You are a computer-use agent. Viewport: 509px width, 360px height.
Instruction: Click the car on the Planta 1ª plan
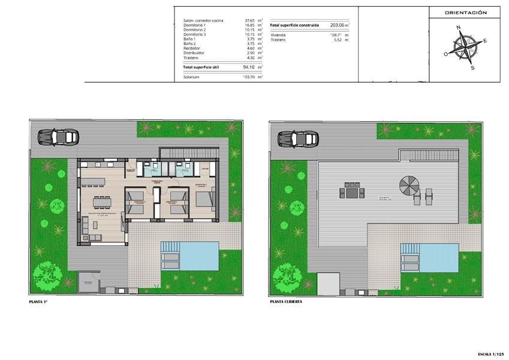pyautogui.click(x=59, y=137)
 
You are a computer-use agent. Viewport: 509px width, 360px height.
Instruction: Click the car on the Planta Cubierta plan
pyautogui.click(x=298, y=139)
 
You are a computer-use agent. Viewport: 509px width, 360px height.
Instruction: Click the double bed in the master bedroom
pyautogui.click(x=206, y=198)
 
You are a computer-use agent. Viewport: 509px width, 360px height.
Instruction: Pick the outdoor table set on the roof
pyautogui.click(x=352, y=193)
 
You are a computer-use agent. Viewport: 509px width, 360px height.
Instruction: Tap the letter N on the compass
pyautogui.click(x=458, y=28)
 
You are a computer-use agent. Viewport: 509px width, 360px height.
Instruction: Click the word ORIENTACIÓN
pyautogui.click(x=465, y=13)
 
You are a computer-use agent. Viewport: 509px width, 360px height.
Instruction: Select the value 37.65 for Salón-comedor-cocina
pyautogui.click(x=250, y=20)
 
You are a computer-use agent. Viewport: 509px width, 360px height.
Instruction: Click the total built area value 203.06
pyautogui.click(x=338, y=25)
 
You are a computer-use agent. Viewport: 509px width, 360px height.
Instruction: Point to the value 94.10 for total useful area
pyautogui.click(x=249, y=67)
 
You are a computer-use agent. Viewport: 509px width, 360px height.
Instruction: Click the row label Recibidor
pyautogui.click(x=192, y=48)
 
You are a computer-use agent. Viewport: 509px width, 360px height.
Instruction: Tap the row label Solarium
pyautogui.click(x=191, y=77)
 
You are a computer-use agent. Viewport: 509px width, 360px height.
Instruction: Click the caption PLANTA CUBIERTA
pyautogui.click(x=286, y=302)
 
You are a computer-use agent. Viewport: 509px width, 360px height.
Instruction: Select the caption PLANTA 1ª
pyautogui.click(x=38, y=302)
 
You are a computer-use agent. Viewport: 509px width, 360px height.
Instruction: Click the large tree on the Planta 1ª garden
pyautogui.click(x=47, y=274)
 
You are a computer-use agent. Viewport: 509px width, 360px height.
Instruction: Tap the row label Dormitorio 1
pyautogui.click(x=194, y=25)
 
